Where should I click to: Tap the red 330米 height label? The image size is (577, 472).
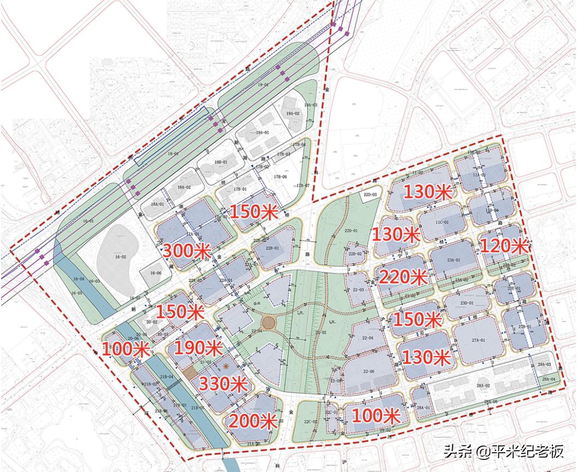pos(221,384)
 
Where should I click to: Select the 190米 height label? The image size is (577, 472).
pos(198,348)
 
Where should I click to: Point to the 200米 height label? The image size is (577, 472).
pos(252,421)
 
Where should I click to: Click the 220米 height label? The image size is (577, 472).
pos(403,277)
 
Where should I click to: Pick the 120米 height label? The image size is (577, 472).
pos(504,246)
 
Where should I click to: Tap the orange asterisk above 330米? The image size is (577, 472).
pos(225,365)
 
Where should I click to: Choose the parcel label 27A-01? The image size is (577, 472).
pos(478,340)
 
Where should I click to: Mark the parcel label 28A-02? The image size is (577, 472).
pos(482,387)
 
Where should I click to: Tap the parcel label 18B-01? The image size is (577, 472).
pos(221,163)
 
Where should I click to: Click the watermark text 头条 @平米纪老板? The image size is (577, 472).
pos(503,452)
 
